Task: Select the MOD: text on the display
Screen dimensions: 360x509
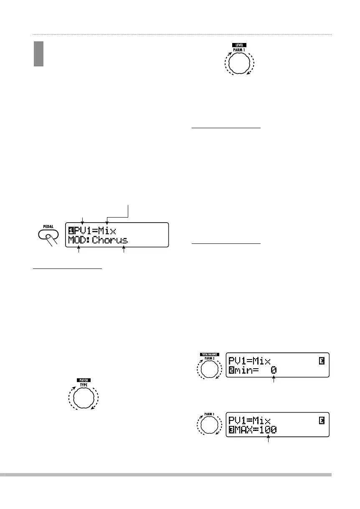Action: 79,240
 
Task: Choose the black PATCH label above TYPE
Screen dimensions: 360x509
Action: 85,380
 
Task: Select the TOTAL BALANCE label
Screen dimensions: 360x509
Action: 208,354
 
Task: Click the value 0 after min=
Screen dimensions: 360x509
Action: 274,370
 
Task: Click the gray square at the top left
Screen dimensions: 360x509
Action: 39,53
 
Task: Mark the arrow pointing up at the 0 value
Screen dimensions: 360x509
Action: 274,380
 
